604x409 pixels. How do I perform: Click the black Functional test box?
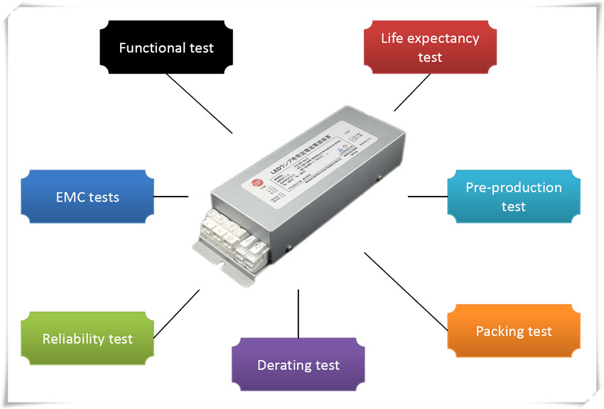point(166,48)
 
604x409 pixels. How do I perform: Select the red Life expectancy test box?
point(430,47)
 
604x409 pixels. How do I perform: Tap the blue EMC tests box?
point(88,197)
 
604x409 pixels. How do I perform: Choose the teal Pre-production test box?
point(513,197)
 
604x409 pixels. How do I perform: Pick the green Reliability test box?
point(87,338)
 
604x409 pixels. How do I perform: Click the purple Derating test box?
point(298,365)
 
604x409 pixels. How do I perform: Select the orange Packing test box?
point(513,331)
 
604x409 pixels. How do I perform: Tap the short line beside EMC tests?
point(171,196)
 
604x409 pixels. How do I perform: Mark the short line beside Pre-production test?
point(427,197)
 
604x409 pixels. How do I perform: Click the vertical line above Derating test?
point(298,313)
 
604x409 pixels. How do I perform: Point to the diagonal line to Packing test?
point(406,291)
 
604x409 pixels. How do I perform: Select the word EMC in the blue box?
point(70,197)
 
